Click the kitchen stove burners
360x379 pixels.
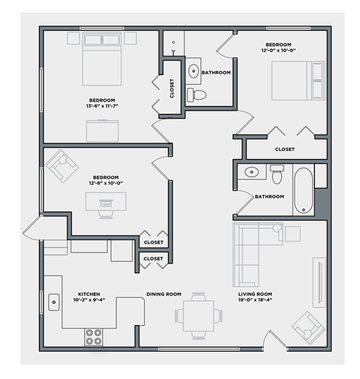point(94,336)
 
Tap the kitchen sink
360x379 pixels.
point(54,302)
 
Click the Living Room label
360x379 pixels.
point(255,294)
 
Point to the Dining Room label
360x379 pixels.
point(163,294)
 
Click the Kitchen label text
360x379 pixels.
point(89,294)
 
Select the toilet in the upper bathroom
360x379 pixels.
point(197,95)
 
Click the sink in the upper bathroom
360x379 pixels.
point(193,71)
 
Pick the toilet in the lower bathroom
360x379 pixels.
point(276,175)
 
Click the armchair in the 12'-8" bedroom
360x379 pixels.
point(61,165)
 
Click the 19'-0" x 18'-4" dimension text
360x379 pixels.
point(255,300)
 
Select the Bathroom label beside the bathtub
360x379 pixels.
point(269,197)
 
